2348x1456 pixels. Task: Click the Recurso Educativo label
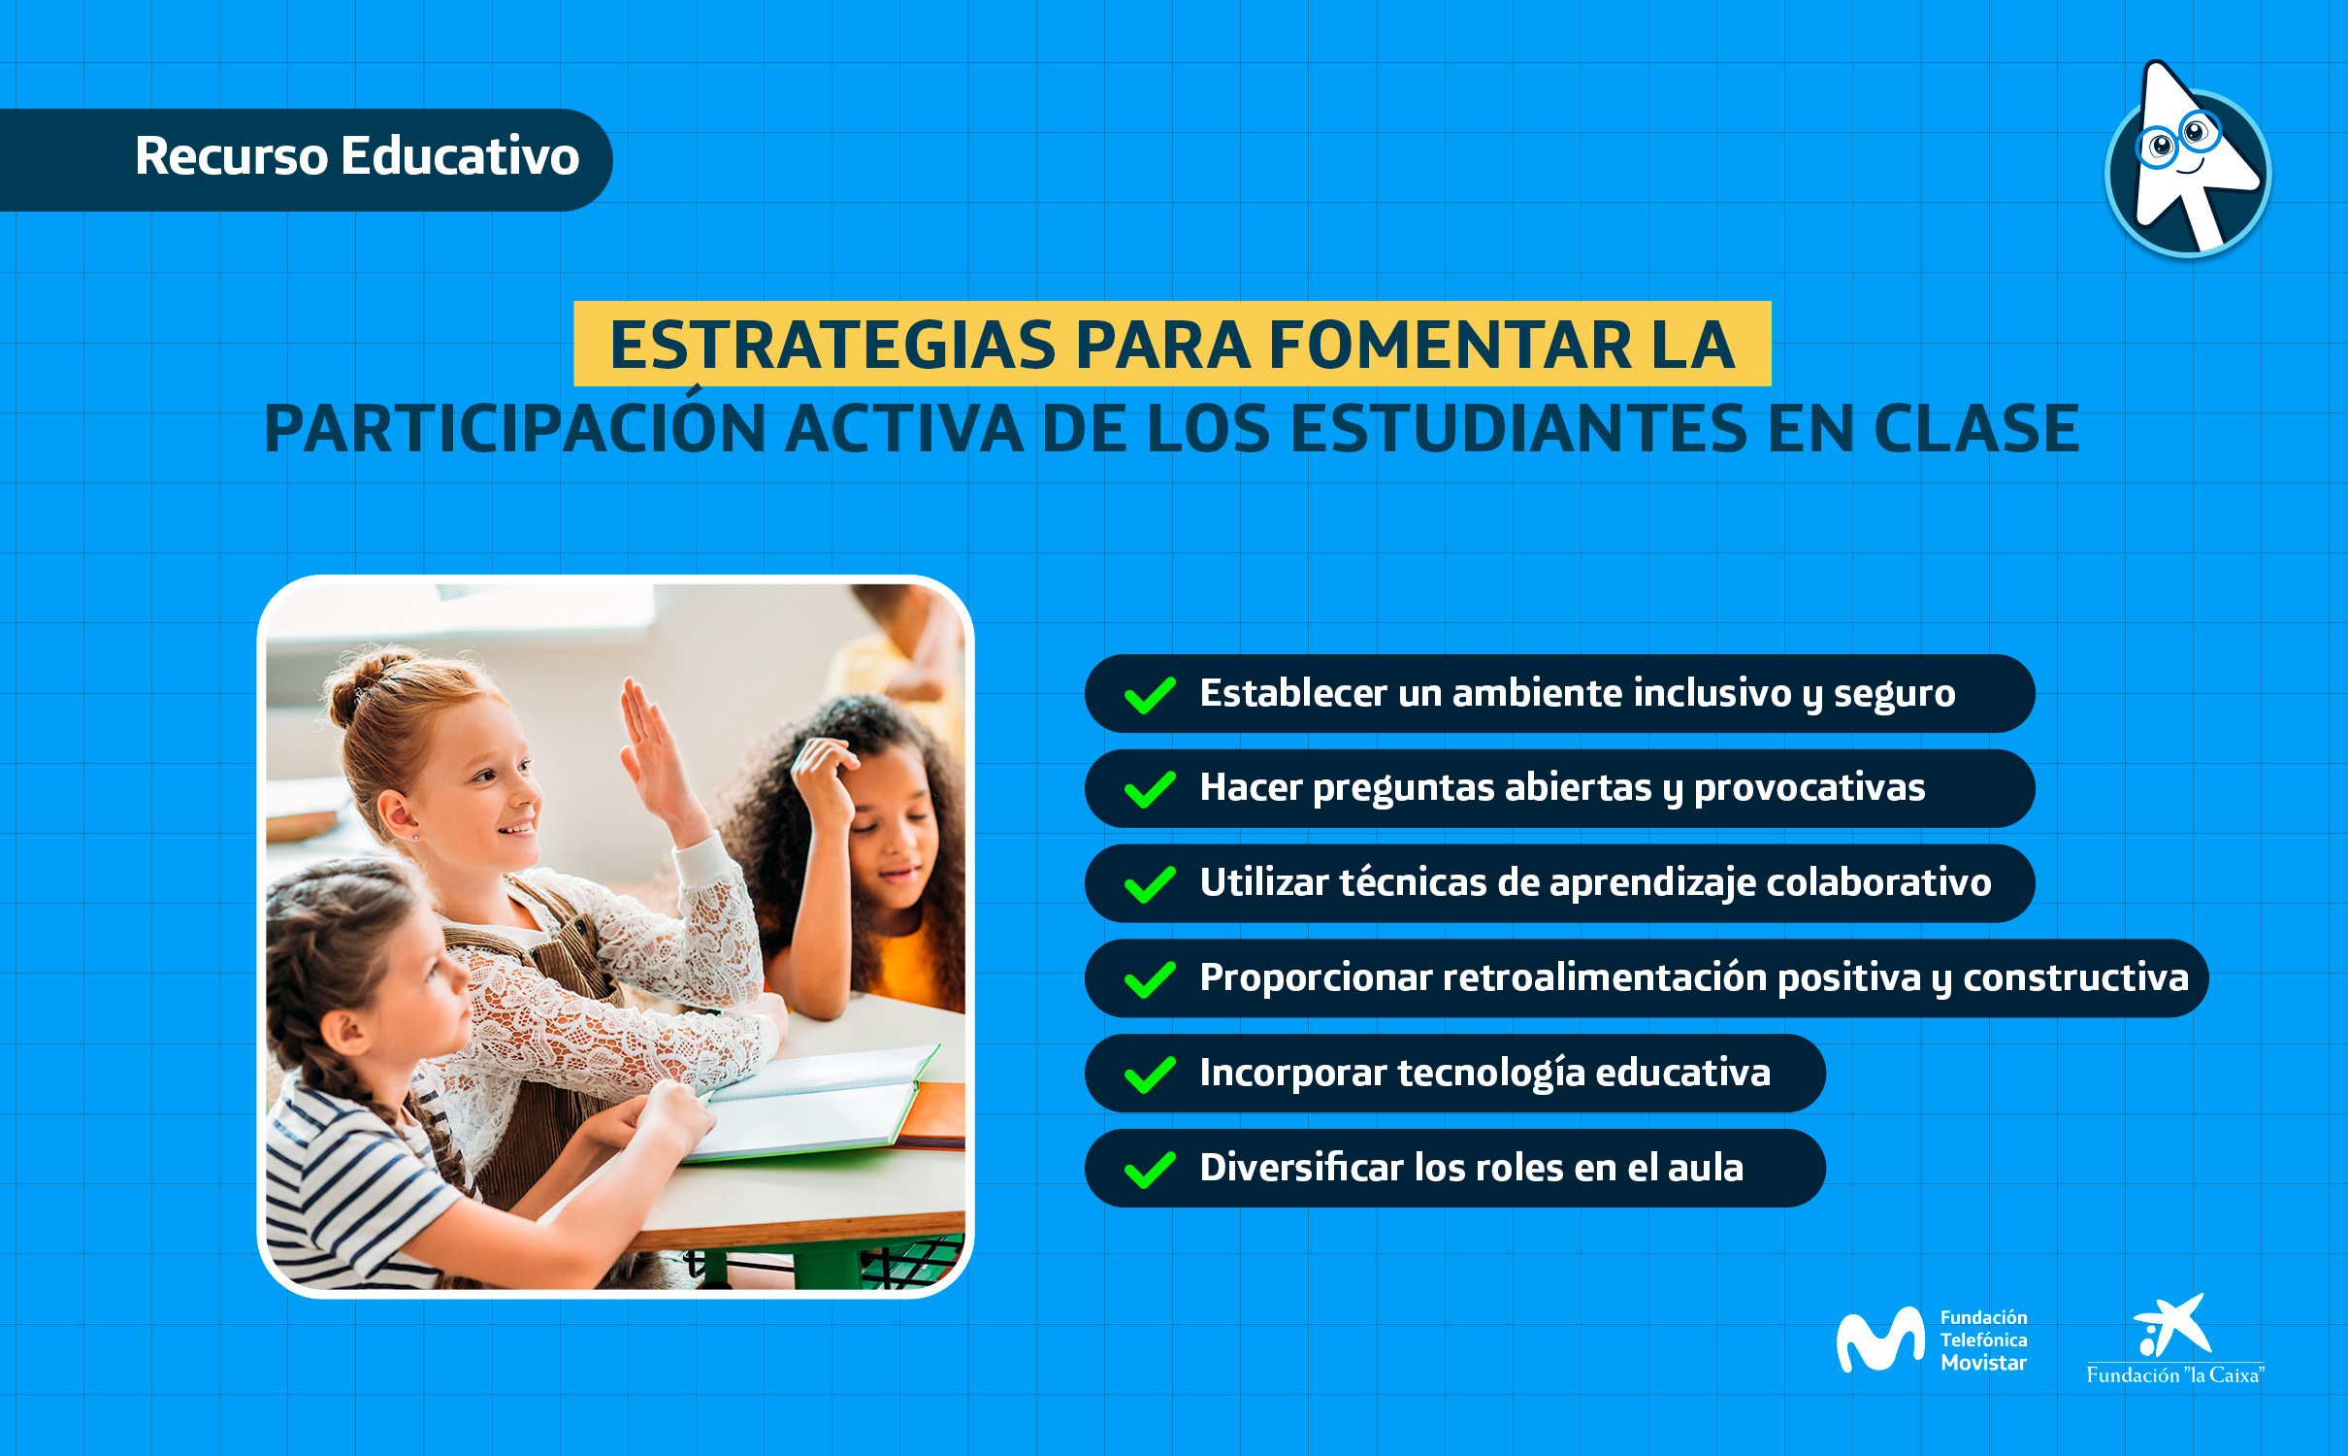356,157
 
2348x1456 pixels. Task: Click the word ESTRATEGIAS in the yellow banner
832,346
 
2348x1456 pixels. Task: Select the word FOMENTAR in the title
1451,346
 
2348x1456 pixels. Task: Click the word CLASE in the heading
1975,430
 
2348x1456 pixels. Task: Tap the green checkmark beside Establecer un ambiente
1150,695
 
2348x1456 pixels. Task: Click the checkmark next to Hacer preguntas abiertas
1150,789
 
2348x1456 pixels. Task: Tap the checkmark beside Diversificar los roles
1150,1169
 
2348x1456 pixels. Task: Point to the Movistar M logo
1879,1340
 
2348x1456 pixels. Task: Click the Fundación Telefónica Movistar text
1982,1340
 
